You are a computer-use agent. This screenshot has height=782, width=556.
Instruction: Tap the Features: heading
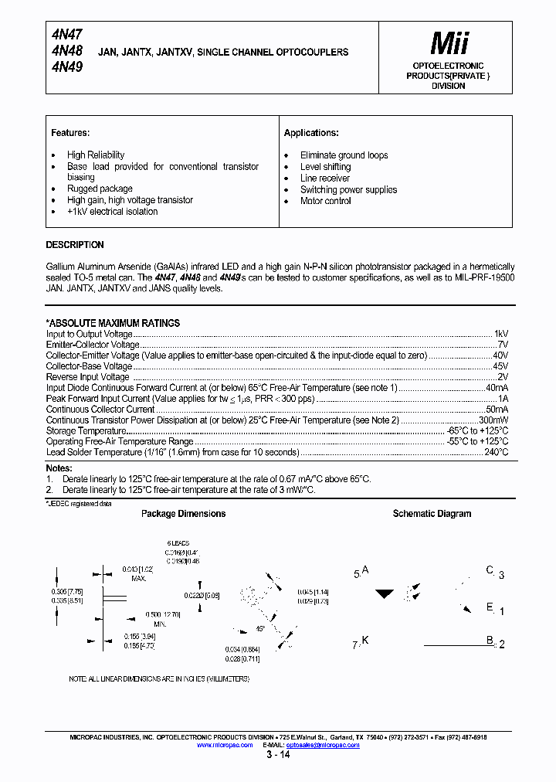pyautogui.click(x=70, y=133)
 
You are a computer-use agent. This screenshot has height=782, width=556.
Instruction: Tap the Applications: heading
pyautogui.click(x=311, y=133)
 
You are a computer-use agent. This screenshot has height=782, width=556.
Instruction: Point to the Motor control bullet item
pyautogui.click(x=325, y=201)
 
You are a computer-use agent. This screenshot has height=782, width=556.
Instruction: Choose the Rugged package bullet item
pyautogui.click(x=100, y=189)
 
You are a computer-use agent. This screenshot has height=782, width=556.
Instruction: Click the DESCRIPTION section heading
pyautogui.click(x=75, y=245)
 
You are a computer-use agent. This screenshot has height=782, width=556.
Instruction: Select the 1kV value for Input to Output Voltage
pyautogui.click(x=500, y=334)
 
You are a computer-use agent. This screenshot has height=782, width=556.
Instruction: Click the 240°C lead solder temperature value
pyautogui.click(x=496, y=452)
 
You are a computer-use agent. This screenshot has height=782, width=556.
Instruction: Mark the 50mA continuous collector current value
pyautogui.click(x=497, y=409)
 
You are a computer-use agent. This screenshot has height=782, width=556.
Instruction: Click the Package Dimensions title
pyautogui.click(x=183, y=514)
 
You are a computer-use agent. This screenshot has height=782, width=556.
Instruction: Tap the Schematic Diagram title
pyautogui.click(x=432, y=514)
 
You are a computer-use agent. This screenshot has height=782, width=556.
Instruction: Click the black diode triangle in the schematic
pyautogui.click(x=385, y=595)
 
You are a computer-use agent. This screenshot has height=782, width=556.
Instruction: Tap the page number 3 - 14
pyautogui.click(x=278, y=755)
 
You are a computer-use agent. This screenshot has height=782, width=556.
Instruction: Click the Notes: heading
pyautogui.click(x=59, y=468)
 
